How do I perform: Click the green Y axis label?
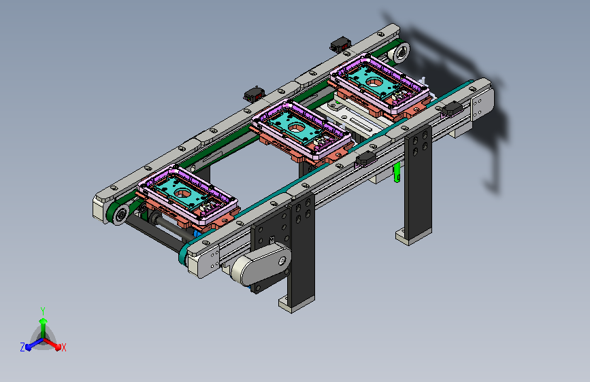[43, 311]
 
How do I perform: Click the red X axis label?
[63, 347]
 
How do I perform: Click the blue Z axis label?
[22, 347]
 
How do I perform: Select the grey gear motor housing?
[261, 265]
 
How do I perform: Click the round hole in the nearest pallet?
[183, 193]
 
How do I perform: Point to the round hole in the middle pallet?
[297, 128]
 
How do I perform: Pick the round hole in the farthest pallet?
[374, 82]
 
